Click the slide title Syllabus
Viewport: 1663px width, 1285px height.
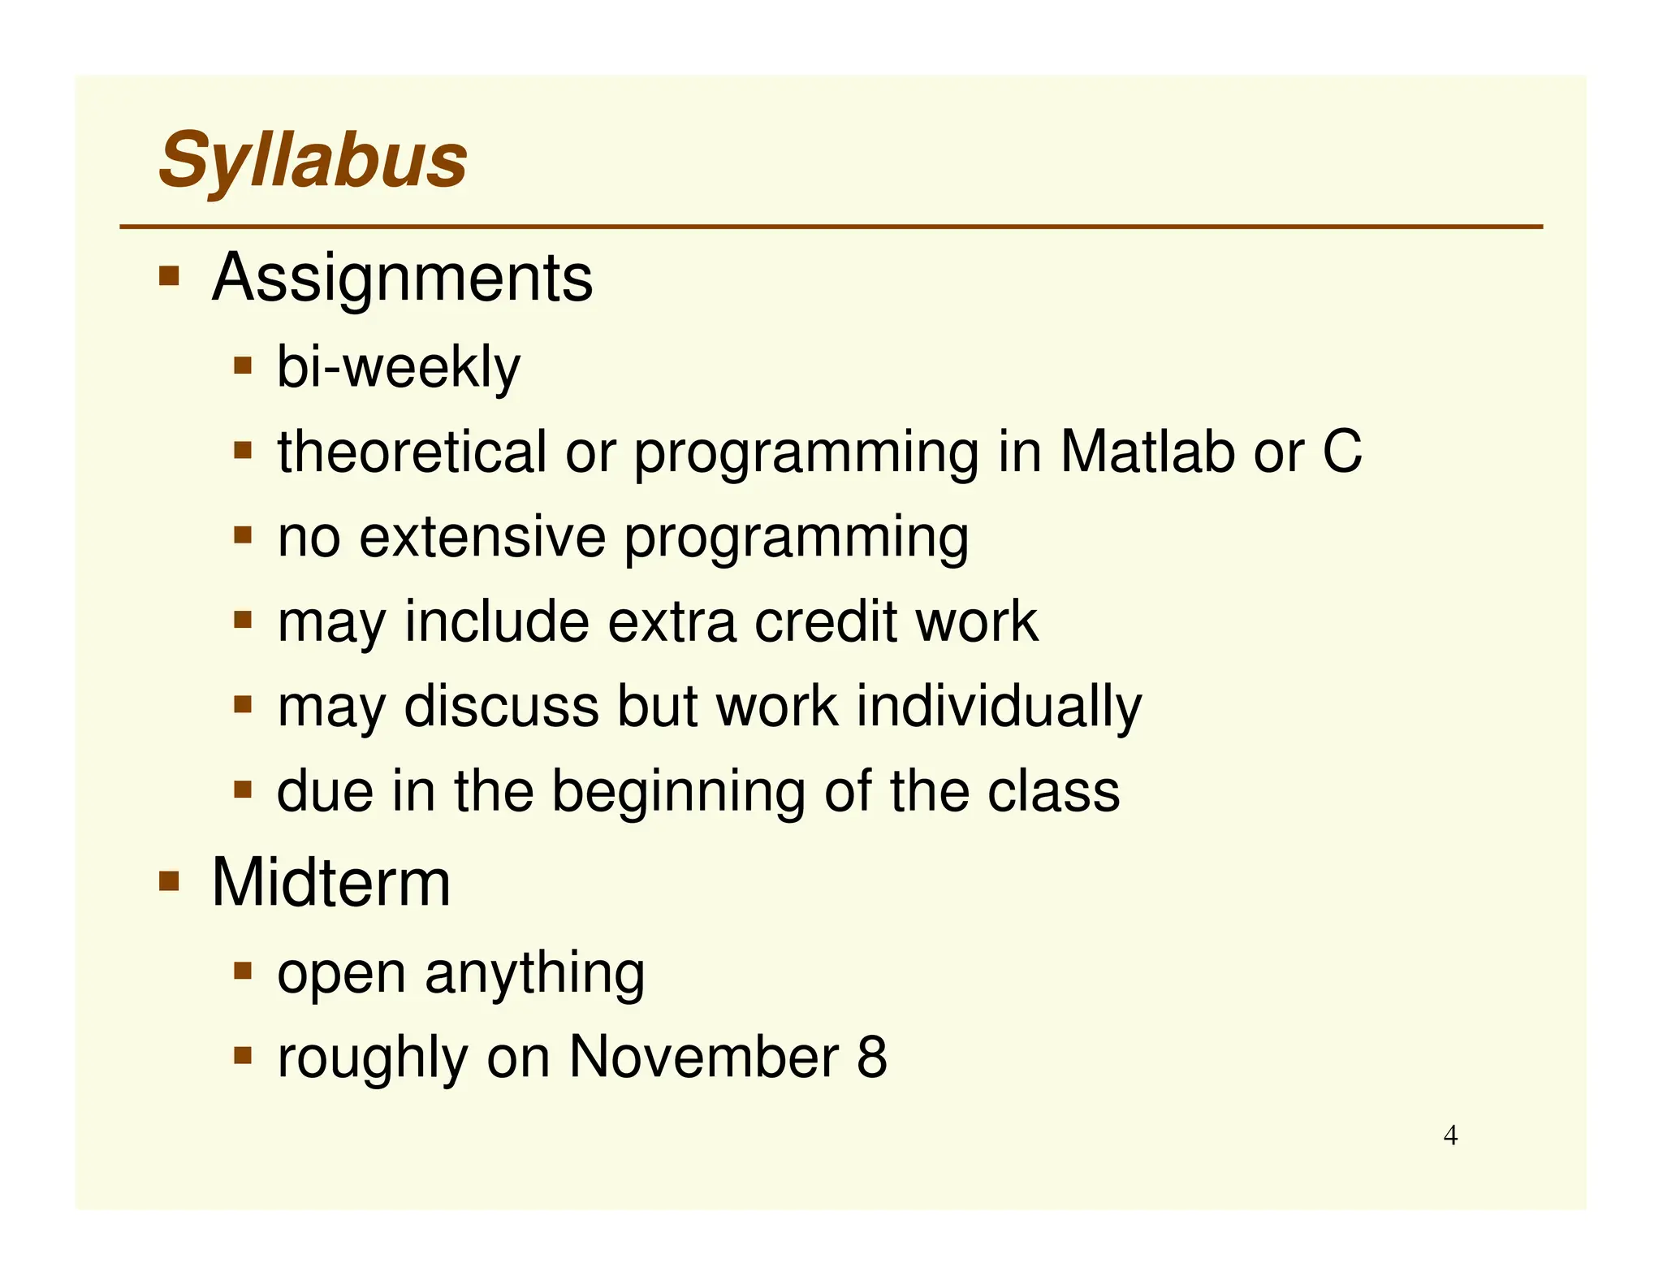point(313,160)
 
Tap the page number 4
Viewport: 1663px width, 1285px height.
point(1450,1136)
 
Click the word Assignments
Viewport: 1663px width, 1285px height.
point(402,279)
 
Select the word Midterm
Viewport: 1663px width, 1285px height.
point(330,883)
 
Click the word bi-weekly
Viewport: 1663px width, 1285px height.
point(398,367)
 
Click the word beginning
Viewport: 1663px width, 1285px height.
point(679,792)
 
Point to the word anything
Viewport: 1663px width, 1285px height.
point(534,973)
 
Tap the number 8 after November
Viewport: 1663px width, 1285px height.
point(872,1058)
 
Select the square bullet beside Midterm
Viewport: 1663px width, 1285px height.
point(169,880)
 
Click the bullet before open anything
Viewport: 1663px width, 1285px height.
point(243,970)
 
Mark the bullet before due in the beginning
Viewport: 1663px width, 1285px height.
point(243,789)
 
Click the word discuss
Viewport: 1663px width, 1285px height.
point(501,707)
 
